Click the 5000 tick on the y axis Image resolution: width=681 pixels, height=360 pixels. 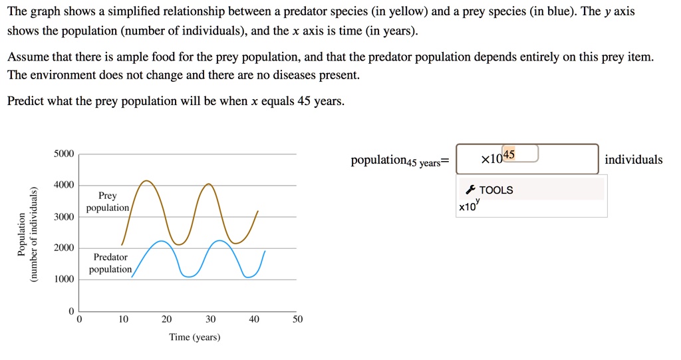(65, 154)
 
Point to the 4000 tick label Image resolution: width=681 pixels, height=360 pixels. (65, 185)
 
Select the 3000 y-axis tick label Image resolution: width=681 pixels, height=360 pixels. (65, 217)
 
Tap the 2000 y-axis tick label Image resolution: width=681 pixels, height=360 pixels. (65, 248)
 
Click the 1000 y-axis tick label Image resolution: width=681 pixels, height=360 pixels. (65, 279)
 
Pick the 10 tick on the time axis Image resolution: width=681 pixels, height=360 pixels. (123, 319)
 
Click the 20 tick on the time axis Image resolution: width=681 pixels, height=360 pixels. (166, 319)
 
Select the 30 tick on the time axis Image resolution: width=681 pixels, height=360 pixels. (210, 319)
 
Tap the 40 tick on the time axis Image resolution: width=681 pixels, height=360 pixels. (254, 319)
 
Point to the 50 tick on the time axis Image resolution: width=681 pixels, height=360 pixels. (297, 319)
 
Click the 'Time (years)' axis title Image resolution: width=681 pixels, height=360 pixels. (195, 337)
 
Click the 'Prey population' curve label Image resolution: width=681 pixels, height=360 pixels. (108, 202)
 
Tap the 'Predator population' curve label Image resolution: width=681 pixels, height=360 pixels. (110, 263)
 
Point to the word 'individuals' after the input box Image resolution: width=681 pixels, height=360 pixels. (633, 160)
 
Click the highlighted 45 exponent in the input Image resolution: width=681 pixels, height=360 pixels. (509, 155)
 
